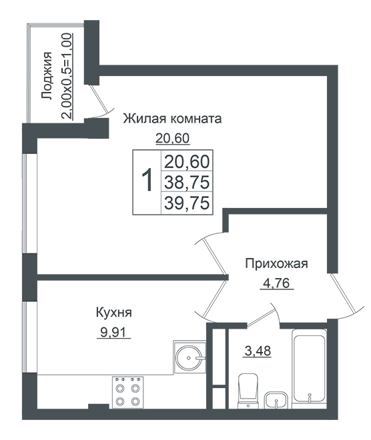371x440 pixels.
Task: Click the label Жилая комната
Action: pos(172,119)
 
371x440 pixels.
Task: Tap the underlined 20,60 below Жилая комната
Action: pos(173,139)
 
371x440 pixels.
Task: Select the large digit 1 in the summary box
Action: pos(147,181)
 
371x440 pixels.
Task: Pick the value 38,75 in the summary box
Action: pos(187,182)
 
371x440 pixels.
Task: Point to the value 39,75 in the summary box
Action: pos(187,203)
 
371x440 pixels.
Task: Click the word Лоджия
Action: pos(47,76)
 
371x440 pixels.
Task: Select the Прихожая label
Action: pos(277,264)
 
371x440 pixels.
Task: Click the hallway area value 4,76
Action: pos(276,283)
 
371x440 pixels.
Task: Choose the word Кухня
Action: pos(113,313)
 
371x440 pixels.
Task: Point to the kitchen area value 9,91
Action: pos(114,333)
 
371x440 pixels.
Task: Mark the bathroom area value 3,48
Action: pos(258,351)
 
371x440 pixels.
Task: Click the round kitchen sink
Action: pos(190,357)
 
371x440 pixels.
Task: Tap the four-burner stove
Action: pos(128,392)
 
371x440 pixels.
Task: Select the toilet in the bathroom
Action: pos(248,391)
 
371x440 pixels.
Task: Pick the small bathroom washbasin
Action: pos(276,400)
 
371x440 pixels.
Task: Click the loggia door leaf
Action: pos(98,97)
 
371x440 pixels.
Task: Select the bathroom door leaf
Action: pos(261,317)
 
